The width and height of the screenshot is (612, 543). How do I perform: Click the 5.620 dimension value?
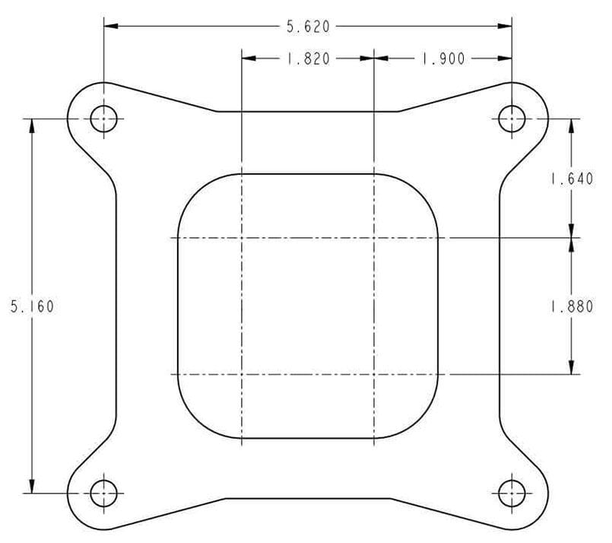(308, 27)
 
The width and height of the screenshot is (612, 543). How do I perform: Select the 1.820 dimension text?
(308, 59)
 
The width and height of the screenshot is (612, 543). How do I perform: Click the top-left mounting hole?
(104, 119)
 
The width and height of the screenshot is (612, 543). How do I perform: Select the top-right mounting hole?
(511, 119)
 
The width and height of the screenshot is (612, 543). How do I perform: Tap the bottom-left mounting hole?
(104, 493)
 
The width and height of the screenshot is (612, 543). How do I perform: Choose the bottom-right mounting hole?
(511, 493)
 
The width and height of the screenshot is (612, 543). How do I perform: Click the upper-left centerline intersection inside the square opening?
(241, 238)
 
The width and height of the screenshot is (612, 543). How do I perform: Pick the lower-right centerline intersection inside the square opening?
(374, 374)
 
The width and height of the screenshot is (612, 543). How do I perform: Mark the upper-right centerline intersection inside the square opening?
(374, 238)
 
